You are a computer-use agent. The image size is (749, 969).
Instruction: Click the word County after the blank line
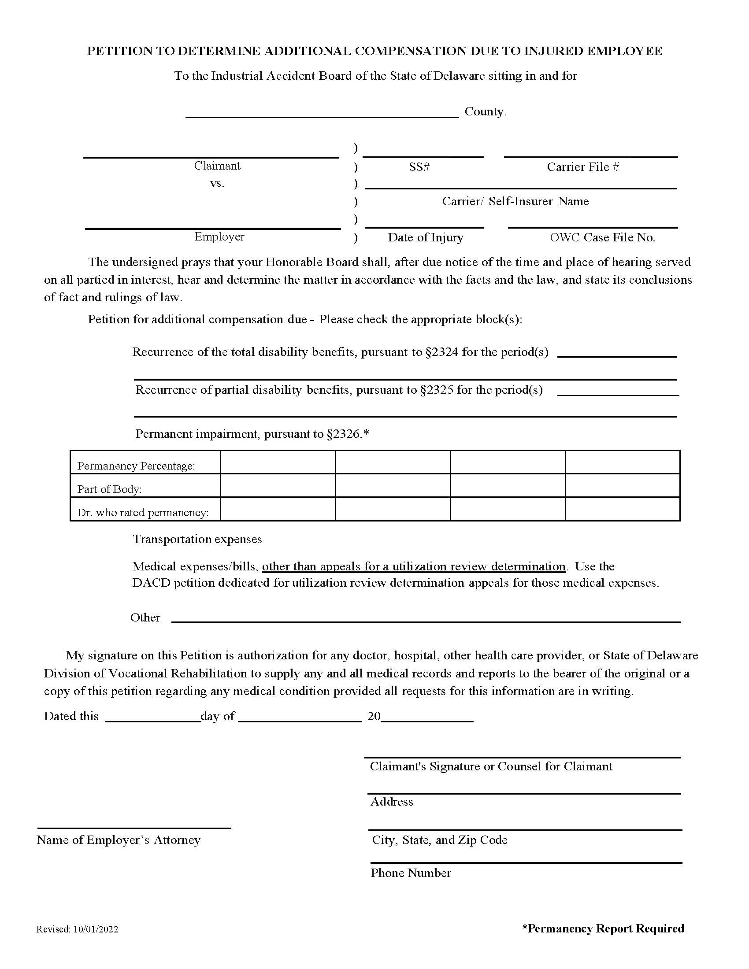(485, 111)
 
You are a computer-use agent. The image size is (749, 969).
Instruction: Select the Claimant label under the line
(217, 166)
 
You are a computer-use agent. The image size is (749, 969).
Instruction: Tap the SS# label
(419, 167)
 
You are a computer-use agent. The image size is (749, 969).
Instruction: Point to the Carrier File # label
(582, 167)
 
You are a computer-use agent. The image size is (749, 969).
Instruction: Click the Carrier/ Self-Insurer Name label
(515, 201)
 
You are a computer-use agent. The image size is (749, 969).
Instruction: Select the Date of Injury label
(425, 237)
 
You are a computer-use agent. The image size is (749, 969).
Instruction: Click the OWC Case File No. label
(602, 237)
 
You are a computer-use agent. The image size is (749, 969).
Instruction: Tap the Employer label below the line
(219, 237)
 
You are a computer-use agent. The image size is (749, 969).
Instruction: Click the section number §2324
(441, 352)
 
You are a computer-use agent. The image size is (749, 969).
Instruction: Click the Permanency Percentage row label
(136, 466)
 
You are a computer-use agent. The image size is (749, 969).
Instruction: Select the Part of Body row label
(109, 489)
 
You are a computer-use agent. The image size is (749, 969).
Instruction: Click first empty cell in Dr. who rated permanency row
(278, 509)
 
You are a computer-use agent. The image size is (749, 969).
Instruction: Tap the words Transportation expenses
(197, 539)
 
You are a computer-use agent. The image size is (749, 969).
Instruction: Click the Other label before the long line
(145, 618)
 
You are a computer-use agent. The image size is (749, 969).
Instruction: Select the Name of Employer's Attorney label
(119, 840)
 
